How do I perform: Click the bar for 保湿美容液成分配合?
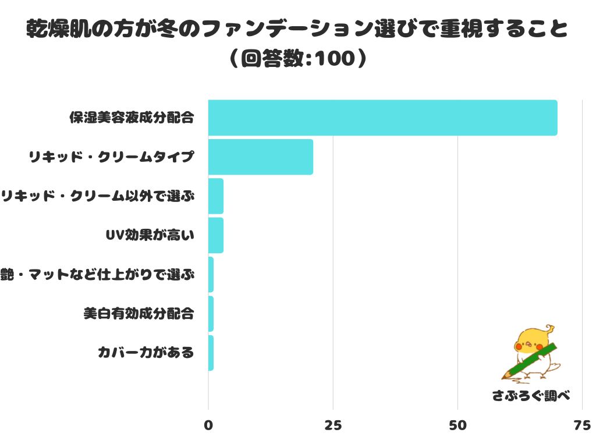(x=382, y=118)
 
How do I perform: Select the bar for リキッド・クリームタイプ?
(x=260, y=157)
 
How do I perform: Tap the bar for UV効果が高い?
(x=215, y=235)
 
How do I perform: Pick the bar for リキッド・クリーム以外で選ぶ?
(x=215, y=196)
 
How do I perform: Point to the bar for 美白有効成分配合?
(x=211, y=314)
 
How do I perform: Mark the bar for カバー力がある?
(x=211, y=353)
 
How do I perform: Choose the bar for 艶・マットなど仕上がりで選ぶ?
(x=211, y=274)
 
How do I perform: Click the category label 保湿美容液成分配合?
(x=131, y=118)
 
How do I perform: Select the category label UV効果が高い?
(x=149, y=235)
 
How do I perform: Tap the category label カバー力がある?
(x=146, y=353)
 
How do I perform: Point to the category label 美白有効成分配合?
(x=139, y=314)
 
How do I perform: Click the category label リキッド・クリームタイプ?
(x=111, y=157)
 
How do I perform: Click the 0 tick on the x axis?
(x=208, y=425)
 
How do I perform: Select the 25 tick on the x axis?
(x=333, y=425)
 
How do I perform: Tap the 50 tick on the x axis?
(x=457, y=425)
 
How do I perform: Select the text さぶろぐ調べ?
(x=530, y=396)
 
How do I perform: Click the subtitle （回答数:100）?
(x=297, y=59)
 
